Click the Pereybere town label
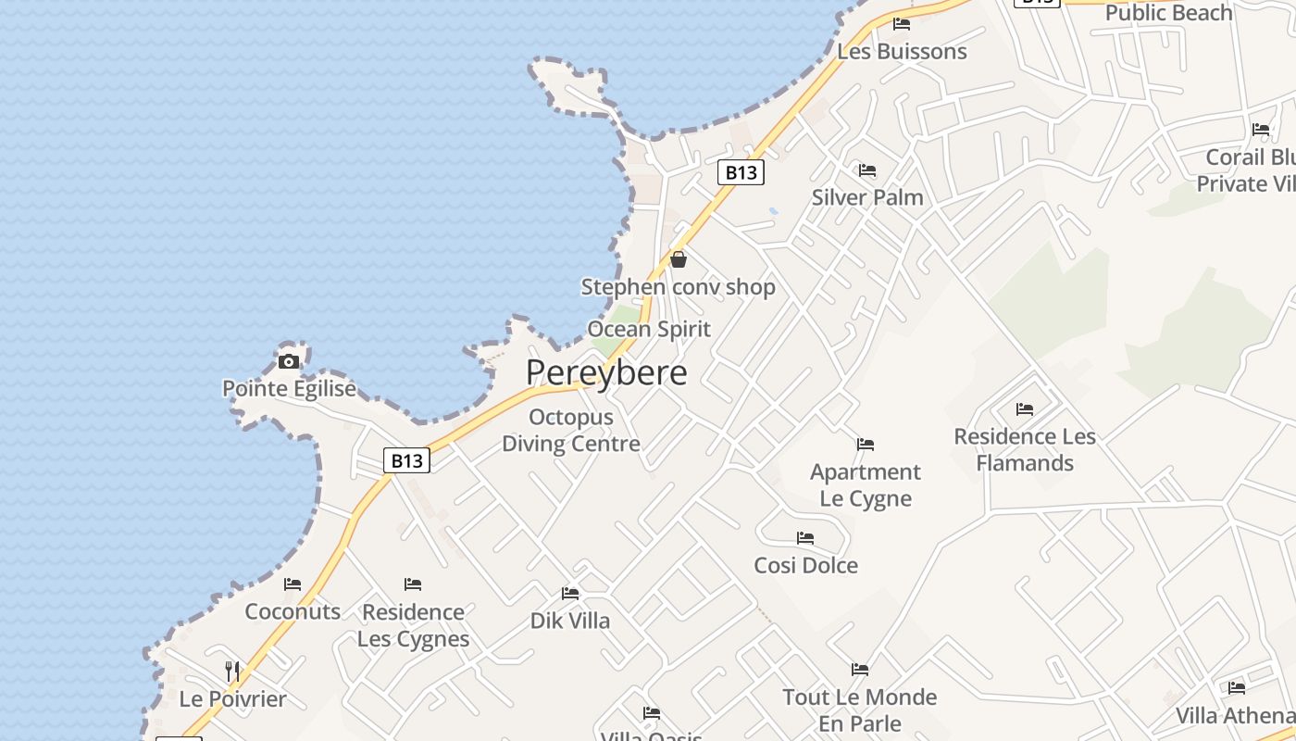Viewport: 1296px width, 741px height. (x=606, y=372)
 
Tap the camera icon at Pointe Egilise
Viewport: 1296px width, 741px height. (x=289, y=361)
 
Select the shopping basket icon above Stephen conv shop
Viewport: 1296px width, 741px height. (x=679, y=259)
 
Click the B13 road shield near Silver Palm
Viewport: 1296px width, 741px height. (x=741, y=172)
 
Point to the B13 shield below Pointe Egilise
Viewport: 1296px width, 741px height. (x=407, y=460)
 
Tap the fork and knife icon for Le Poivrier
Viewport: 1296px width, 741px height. (x=232, y=671)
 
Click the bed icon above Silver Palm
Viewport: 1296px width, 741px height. (x=867, y=170)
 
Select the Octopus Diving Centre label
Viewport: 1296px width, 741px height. (x=571, y=431)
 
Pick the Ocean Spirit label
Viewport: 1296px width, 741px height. (x=649, y=329)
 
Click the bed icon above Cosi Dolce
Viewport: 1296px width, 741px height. (x=805, y=538)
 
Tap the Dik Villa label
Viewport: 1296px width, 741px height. (x=570, y=621)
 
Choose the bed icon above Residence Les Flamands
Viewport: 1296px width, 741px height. (x=1025, y=408)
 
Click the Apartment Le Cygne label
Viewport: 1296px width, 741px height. (x=866, y=485)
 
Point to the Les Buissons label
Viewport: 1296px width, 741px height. (x=902, y=52)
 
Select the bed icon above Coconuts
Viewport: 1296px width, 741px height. (x=293, y=584)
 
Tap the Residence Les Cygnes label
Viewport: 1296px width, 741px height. (x=413, y=625)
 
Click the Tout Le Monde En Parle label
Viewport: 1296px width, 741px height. (x=860, y=710)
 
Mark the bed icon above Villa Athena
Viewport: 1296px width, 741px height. (x=1237, y=688)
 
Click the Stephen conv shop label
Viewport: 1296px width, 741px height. (x=678, y=287)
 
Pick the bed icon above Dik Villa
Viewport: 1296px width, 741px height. (x=570, y=594)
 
